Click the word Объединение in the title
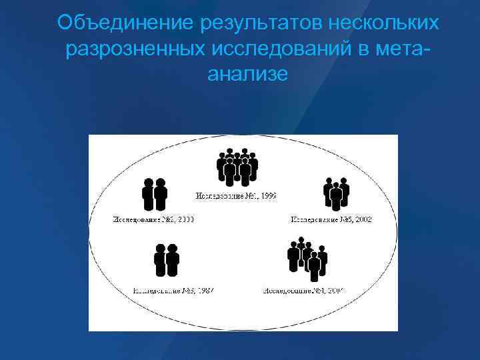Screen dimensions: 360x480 pyautogui.click(x=125, y=23)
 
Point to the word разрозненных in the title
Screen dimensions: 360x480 pyautogui.click(x=135, y=49)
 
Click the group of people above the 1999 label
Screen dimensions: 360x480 pyautogui.click(x=237, y=168)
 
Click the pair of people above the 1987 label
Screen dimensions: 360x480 pyautogui.click(x=167, y=260)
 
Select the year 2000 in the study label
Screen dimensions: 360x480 pyautogui.click(x=182, y=219)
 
